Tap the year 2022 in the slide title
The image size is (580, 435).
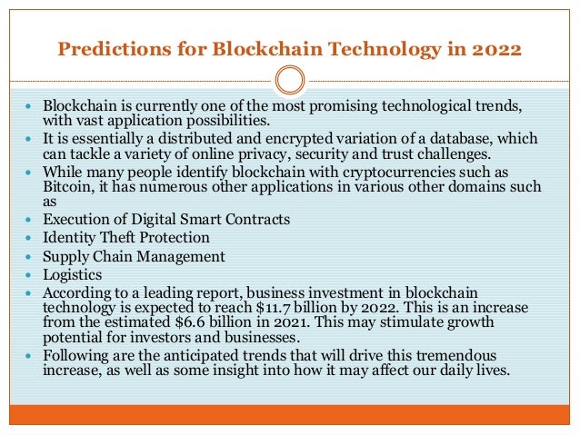click(x=495, y=48)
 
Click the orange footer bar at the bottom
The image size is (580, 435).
click(x=289, y=415)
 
